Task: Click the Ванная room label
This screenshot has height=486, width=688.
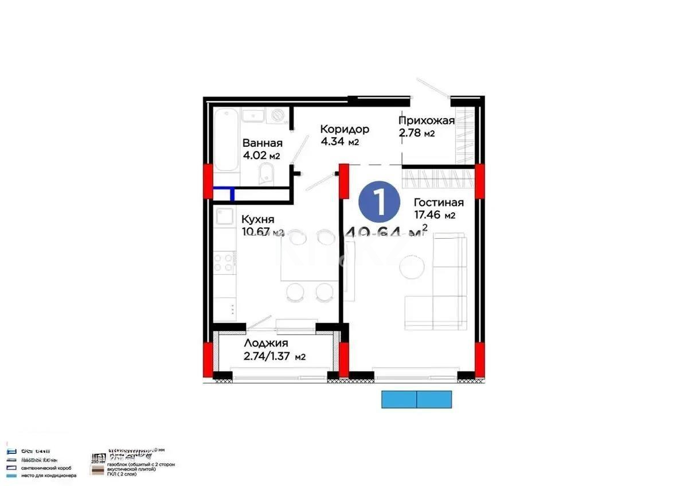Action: tap(262, 143)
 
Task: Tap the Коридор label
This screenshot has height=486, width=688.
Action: tap(344, 129)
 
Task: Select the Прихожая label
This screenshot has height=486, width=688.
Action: tap(427, 120)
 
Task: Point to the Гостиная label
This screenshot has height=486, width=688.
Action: tap(439, 203)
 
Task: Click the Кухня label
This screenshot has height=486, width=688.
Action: tap(257, 219)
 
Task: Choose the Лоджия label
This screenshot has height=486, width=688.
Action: tap(265, 343)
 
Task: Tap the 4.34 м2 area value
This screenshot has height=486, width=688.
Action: tap(339, 142)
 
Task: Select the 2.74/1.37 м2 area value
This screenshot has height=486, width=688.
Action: tap(274, 356)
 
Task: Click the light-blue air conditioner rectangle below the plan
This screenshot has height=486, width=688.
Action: tap(417, 399)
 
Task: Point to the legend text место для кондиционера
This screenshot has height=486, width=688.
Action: tap(48, 476)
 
